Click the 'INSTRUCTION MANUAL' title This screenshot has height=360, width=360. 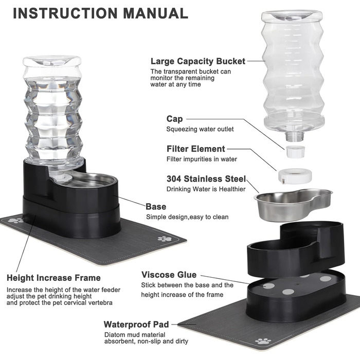[x=101, y=13]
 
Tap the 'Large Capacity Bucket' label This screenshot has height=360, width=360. [x=198, y=61]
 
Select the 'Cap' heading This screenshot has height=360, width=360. [x=174, y=119]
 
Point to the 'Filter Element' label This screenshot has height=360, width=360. [x=195, y=149]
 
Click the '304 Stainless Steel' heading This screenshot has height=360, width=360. [x=206, y=179]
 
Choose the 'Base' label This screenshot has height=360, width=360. [x=156, y=207]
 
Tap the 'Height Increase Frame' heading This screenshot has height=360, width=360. [x=53, y=278]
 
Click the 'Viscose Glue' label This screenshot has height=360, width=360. [x=169, y=275]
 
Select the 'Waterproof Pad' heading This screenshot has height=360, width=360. [x=136, y=325]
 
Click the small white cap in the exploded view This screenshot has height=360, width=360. [x=295, y=152]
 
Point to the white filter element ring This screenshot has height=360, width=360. [x=295, y=176]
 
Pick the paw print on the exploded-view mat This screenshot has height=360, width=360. [x=263, y=341]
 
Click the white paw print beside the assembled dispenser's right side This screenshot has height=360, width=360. [x=165, y=239]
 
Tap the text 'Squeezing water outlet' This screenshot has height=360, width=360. [x=200, y=129]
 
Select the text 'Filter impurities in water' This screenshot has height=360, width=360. [x=202, y=159]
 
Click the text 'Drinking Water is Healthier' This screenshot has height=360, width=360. [x=206, y=189]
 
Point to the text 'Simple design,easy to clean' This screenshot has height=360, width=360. [x=187, y=217]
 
